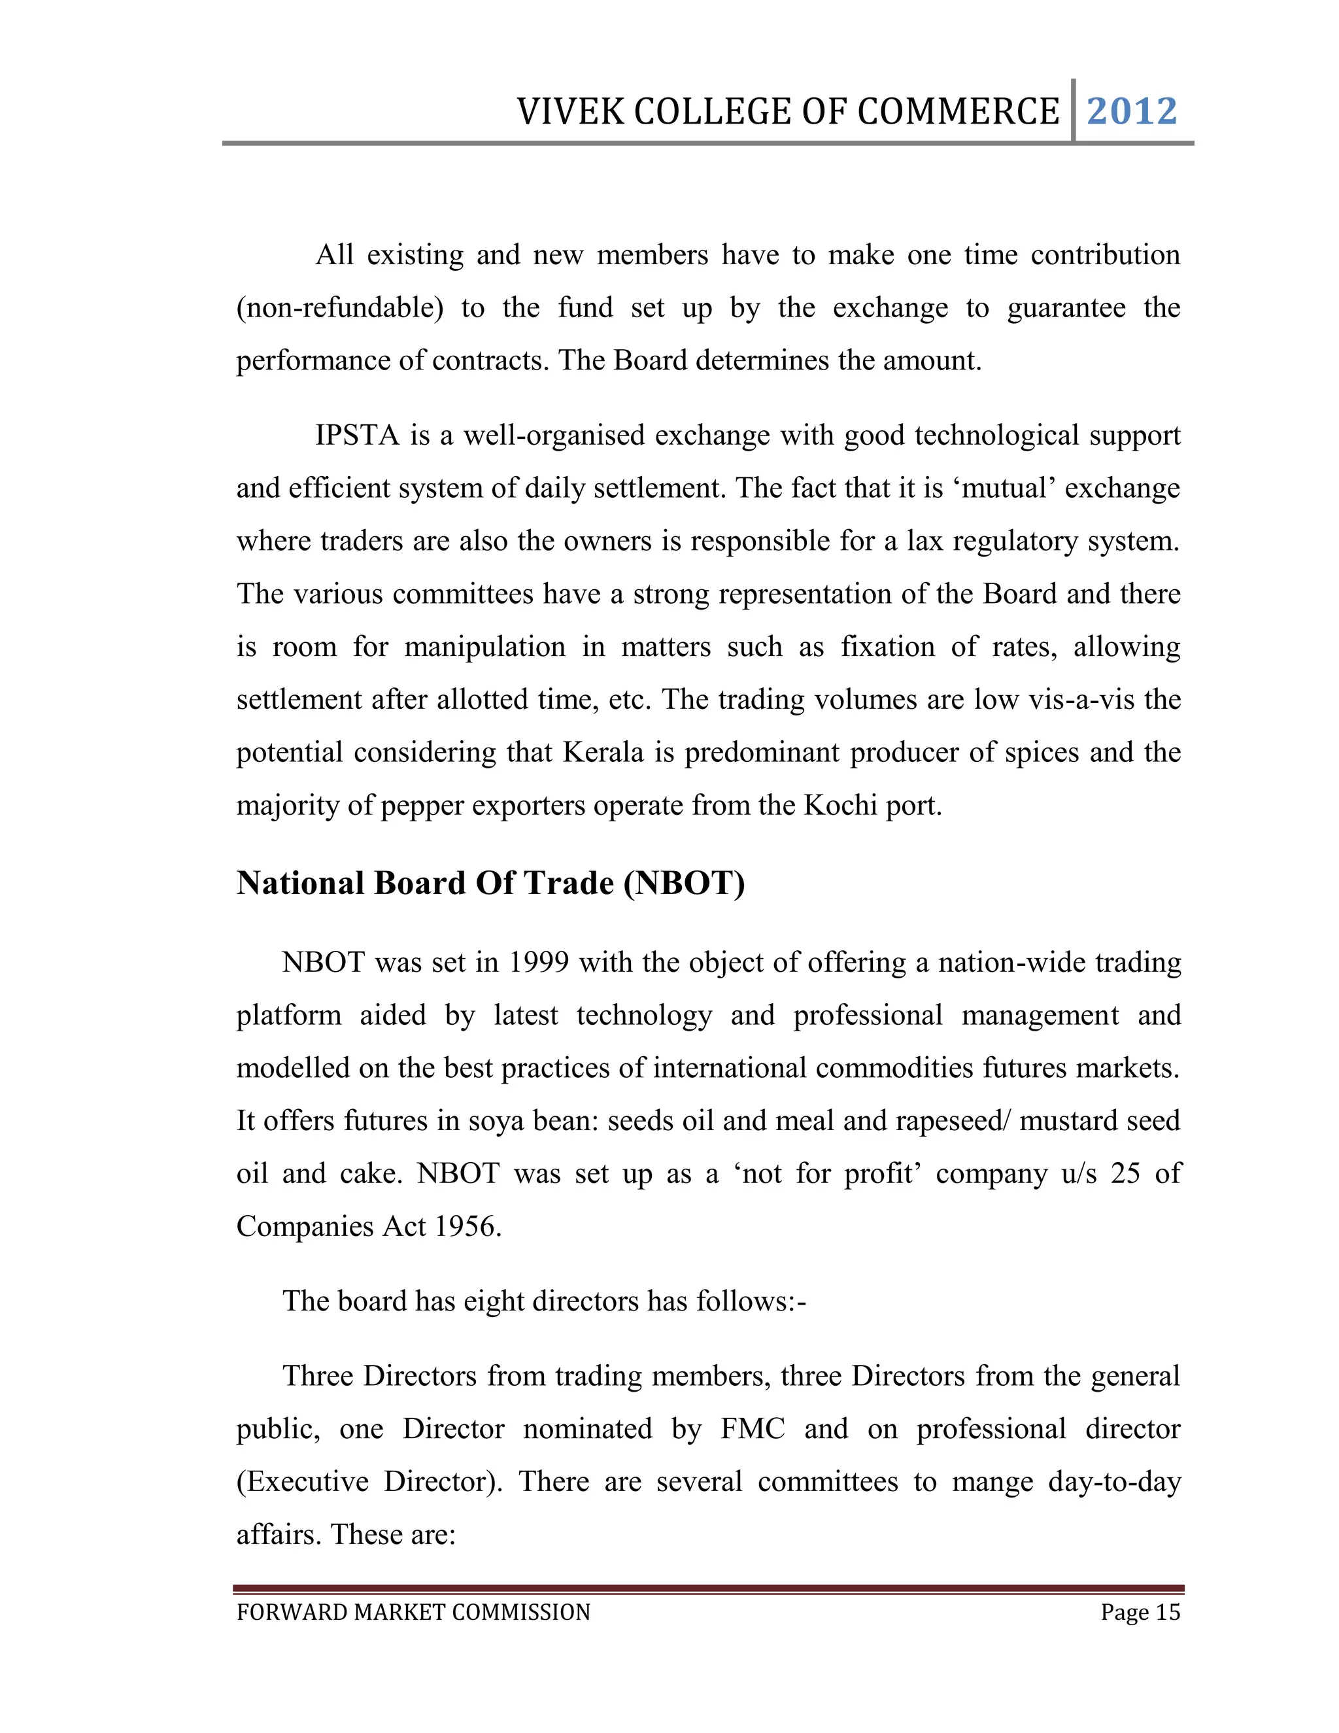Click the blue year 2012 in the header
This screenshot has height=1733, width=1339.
(1131, 111)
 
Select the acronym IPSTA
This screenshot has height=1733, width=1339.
(357, 436)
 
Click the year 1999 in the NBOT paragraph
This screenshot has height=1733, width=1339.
(539, 963)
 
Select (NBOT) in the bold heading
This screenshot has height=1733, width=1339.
(684, 883)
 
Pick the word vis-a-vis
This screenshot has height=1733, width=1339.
(1082, 700)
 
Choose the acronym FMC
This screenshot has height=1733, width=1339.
(752, 1429)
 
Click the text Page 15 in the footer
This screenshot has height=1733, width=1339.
(1140, 1613)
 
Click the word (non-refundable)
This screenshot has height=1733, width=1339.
(339, 309)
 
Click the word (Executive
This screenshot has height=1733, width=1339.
(302, 1483)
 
